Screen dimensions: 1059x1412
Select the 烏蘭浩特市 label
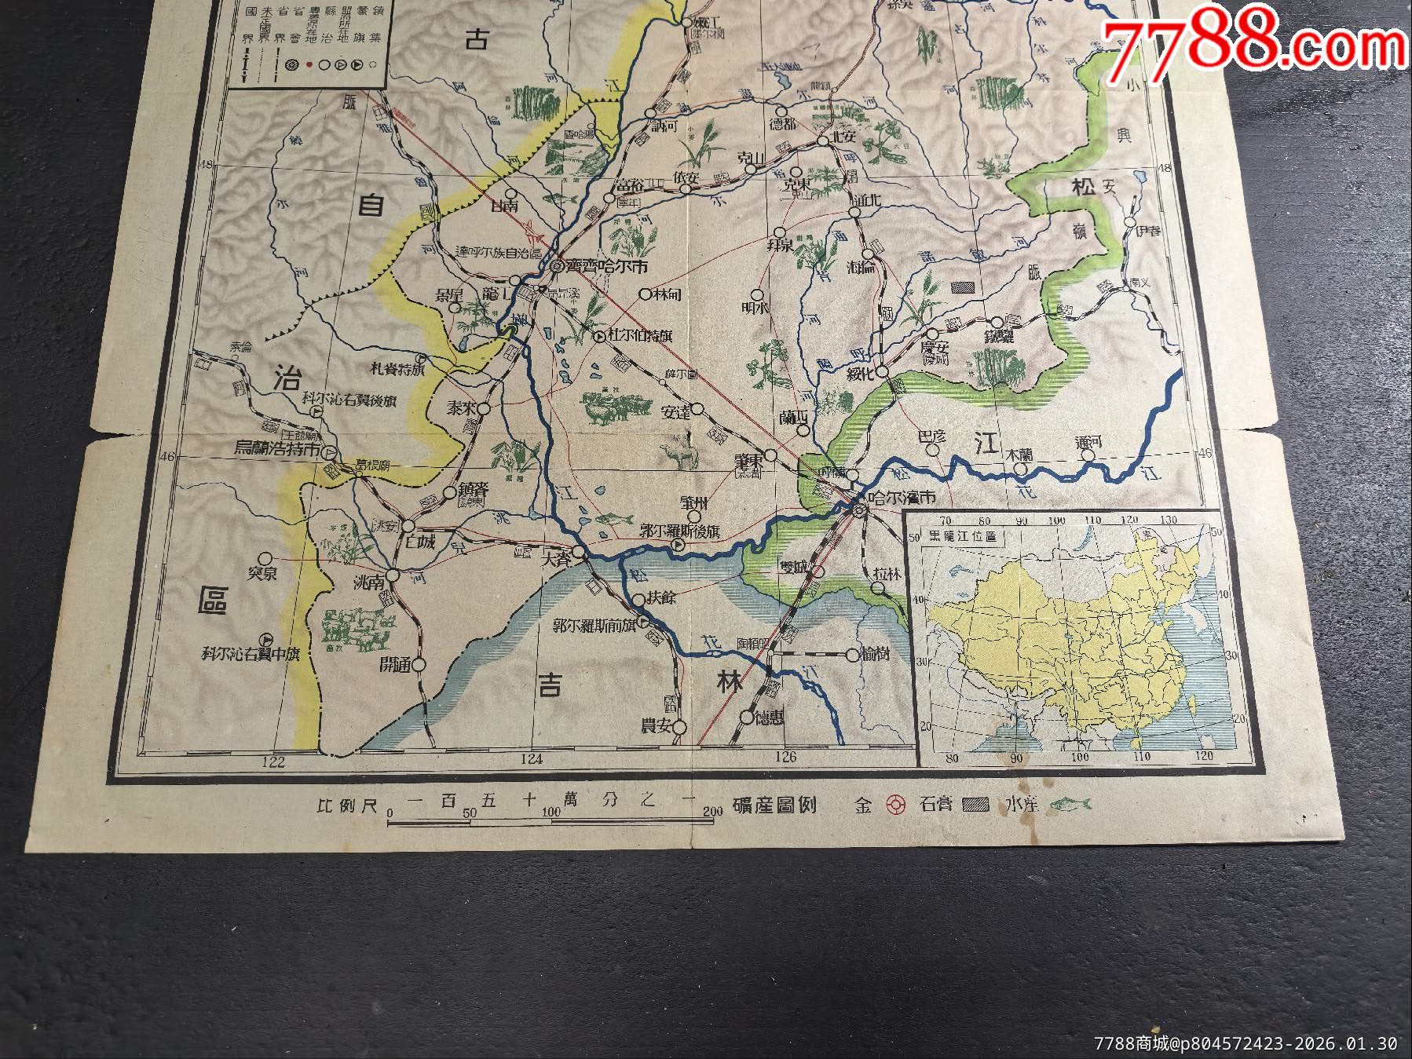(x=279, y=450)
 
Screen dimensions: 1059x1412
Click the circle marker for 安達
(x=697, y=409)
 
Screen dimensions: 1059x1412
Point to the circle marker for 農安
(x=680, y=728)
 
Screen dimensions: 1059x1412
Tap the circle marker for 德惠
(x=746, y=717)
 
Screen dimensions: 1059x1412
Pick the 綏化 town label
(x=861, y=374)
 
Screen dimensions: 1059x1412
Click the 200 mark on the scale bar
(x=713, y=812)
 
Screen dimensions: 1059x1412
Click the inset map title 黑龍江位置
(x=963, y=536)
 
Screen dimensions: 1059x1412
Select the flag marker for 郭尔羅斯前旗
(x=642, y=622)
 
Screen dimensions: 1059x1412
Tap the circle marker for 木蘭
(x=1020, y=469)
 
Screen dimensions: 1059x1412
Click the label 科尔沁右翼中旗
(x=251, y=654)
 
